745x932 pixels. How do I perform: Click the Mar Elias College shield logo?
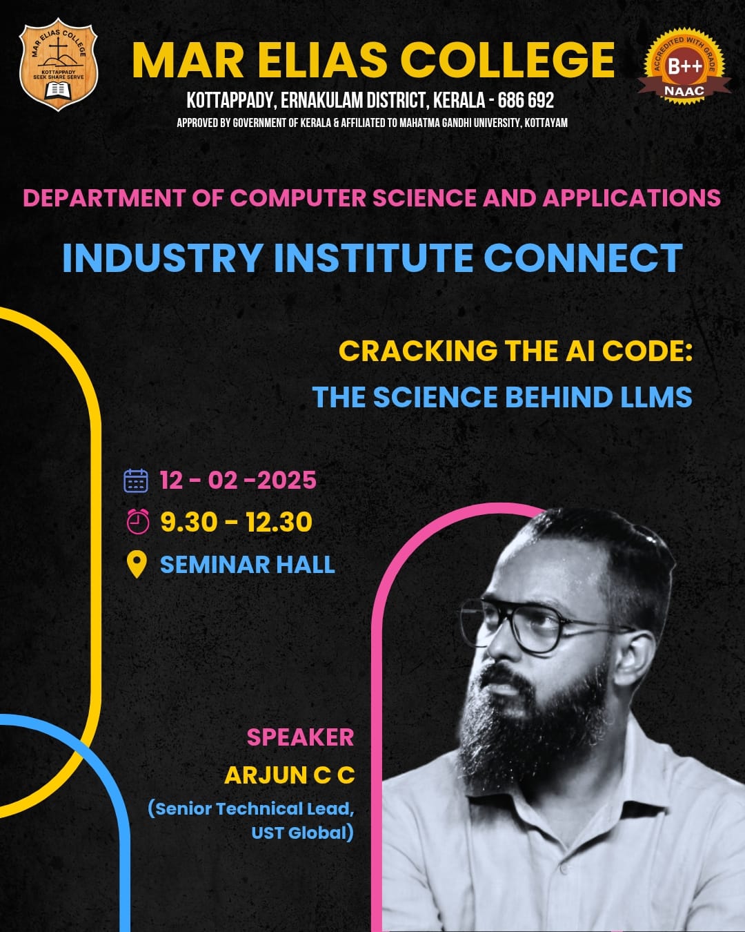59,64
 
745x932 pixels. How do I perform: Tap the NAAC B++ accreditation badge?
684,66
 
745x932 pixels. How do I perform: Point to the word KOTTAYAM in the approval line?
546,123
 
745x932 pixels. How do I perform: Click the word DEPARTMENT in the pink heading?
104,198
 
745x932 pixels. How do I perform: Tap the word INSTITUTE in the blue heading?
374,258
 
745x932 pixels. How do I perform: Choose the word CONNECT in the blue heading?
583,258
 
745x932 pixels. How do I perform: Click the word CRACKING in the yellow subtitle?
418,351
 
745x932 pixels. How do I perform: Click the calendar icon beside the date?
136,480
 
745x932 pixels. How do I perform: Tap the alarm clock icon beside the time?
138,522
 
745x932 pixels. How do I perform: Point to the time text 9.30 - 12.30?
237,522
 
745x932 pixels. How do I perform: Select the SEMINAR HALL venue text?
248,564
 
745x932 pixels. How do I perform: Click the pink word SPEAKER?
301,737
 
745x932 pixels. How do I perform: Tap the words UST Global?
302,833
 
